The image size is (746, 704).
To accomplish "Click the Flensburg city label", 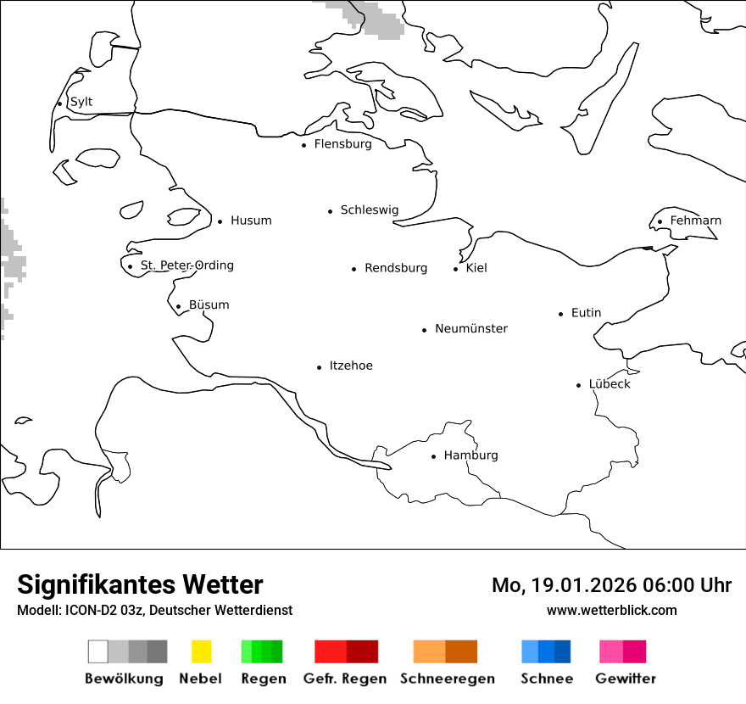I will [342, 144].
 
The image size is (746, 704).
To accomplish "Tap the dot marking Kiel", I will [456, 269].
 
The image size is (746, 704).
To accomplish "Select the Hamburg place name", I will [470, 455].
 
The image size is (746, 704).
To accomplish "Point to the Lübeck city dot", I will [579, 385].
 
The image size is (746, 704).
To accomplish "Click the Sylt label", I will [81, 103].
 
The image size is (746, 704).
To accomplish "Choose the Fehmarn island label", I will [695, 221].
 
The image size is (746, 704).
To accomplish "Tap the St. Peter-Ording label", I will [186, 265].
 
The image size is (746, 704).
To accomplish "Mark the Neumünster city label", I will [471, 329].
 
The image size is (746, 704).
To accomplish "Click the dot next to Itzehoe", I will [320, 367].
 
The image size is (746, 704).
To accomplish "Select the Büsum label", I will [209, 305].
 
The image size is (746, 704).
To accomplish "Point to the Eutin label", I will [586, 313].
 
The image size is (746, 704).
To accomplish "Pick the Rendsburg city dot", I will [354, 269].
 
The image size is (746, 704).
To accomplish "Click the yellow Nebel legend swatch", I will [202, 651].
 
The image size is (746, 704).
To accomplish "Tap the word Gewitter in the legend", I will [626, 679].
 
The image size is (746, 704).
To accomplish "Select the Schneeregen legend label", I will [448, 679].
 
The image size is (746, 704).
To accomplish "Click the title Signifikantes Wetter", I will [140, 585].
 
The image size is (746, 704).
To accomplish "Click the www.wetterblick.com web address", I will [612, 610].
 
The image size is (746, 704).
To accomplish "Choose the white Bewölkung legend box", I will [97, 651].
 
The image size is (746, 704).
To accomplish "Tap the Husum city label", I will [251, 221].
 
